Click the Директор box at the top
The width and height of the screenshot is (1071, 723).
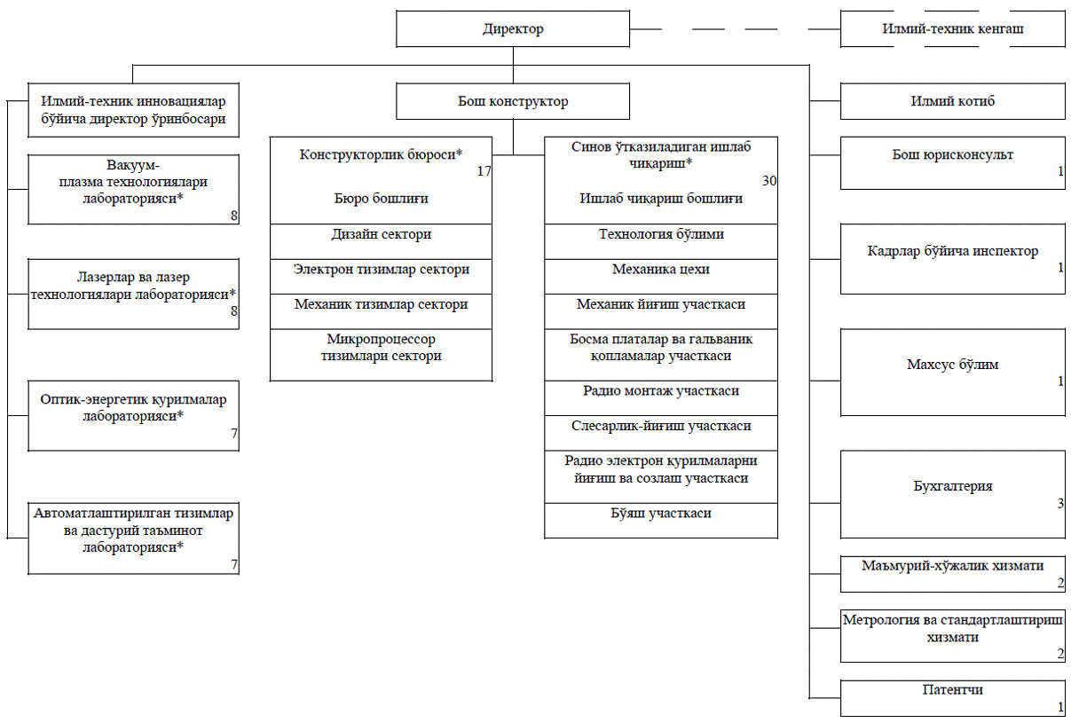click(x=513, y=29)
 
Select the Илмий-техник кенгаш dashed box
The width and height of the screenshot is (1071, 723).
click(x=952, y=29)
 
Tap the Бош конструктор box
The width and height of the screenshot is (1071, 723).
click(x=513, y=101)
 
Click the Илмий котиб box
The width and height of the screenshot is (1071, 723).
click(x=952, y=101)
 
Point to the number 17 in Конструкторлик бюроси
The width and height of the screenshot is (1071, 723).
click(x=484, y=171)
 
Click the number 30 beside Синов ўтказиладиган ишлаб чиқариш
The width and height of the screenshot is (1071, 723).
click(x=768, y=181)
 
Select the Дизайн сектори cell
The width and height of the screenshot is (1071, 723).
click(x=381, y=241)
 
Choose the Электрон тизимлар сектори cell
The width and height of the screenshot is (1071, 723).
click(x=381, y=276)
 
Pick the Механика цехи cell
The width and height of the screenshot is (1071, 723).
click(x=661, y=276)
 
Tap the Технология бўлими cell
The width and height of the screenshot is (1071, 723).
click(x=661, y=241)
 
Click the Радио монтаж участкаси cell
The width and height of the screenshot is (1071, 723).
click(x=661, y=398)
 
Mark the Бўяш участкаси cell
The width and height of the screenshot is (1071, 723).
click(x=661, y=521)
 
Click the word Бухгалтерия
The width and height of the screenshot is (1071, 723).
click(x=952, y=486)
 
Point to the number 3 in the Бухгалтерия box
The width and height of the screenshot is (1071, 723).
click(x=1060, y=503)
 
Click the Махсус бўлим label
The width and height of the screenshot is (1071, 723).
click(x=952, y=365)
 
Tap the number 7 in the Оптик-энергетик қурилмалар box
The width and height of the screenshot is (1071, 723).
click(x=233, y=434)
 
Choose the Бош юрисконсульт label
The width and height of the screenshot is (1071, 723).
click(x=952, y=155)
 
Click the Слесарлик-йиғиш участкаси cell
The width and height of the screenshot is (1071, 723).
click(x=661, y=433)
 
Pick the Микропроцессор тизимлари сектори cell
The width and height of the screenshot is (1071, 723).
click(x=381, y=355)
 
